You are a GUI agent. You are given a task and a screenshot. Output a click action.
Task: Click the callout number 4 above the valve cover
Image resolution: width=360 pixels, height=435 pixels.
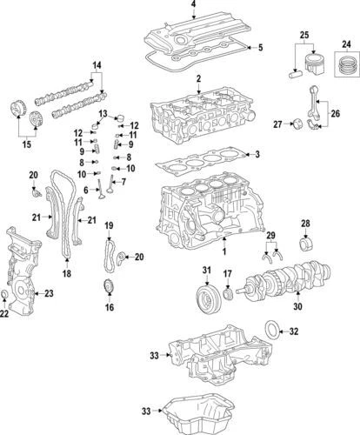pyautogui.click(x=193, y=6)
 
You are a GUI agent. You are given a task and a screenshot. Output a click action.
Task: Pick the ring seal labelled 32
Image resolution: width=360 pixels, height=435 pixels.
pyautogui.click(x=272, y=331)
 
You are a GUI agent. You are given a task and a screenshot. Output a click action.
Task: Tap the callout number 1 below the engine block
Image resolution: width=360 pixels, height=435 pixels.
pyautogui.click(x=223, y=251)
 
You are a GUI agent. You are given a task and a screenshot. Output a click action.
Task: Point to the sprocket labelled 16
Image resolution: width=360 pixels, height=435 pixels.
pyautogui.click(x=109, y=290)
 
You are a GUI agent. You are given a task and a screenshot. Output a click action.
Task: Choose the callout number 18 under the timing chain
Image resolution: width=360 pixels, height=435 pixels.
pyautogui.click(x=66, y=274)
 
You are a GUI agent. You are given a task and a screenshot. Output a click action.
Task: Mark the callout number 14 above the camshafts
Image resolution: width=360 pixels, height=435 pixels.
pyautogui.click(x=97, y=65)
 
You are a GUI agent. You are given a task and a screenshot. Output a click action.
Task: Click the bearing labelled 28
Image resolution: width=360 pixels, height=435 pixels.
pyautogui.click(x=305, y=243)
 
